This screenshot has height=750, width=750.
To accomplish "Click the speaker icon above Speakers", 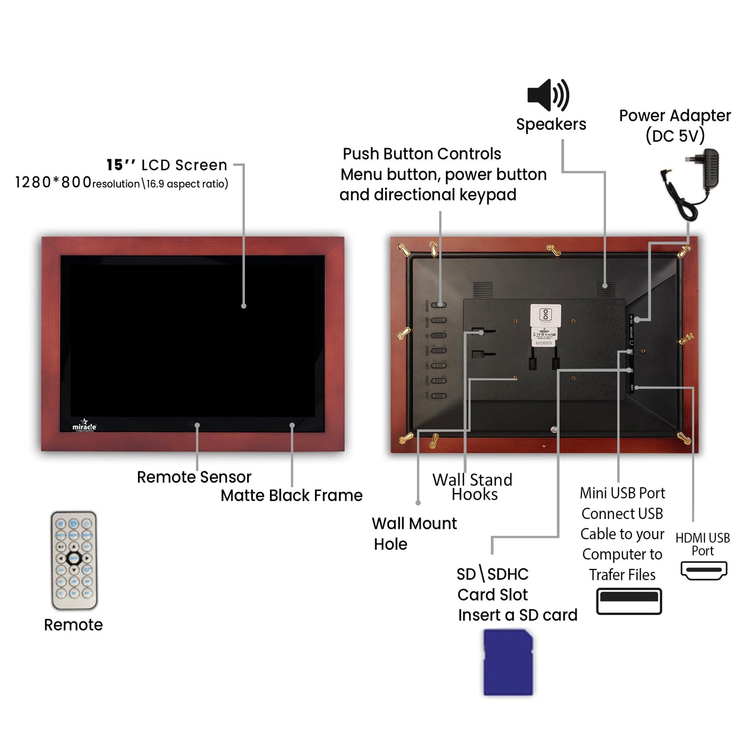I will pyautogui.click(x=548, y=96).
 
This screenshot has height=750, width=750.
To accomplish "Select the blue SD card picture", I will pyautogui.click(x=508, y=662).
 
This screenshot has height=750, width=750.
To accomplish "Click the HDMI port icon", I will pyautogui.click(x=703, y=570).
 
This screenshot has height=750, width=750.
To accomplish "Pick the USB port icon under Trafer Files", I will pyautogui.click(x=629, y=601).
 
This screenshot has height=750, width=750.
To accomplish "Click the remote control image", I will pyautogui.click(x=74, y=560).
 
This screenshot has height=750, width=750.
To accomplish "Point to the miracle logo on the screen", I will pyautogui.click(x=84, y=425).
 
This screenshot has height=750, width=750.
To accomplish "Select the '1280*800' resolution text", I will pyautogui.click(x=53, y=183).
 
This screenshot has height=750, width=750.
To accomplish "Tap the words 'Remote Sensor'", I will pyautogui.click(x=194, y=477).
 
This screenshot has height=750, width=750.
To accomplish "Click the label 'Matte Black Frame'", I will pyautogui.click(x=291, y=496).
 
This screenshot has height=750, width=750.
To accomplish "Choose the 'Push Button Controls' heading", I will pyautogui.click(x=421, y=154).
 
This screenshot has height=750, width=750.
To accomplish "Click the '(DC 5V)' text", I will pyautogui.click(x=675, y=136).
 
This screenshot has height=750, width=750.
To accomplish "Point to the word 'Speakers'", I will pyautogui.click(x=551, y=125).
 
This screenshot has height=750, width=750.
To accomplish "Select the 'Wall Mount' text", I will pyautogui.click(x=414, y=523).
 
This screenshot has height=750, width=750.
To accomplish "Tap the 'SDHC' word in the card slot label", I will pyautogui.click(x=508, y=574).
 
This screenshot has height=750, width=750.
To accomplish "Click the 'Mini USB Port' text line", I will pyautogui.click(x=622, y=493).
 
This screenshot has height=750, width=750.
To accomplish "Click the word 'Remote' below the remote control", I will pyautogui.click(x=73, y=625).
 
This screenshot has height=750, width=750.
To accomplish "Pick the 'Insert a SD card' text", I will pyautogui.click(x=517, y=615).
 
